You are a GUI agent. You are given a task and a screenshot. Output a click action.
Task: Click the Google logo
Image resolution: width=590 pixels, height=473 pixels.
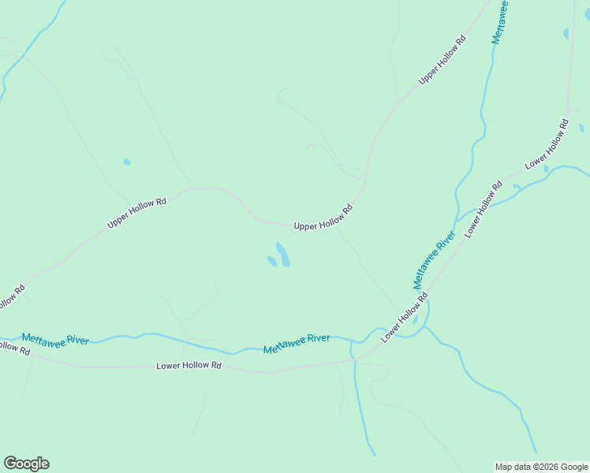click(27, 464)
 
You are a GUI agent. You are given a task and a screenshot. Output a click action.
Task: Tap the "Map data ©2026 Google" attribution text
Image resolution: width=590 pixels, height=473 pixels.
click(541, 467)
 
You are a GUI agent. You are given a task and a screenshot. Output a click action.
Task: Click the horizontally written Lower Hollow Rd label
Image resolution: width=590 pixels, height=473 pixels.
click(189, 366)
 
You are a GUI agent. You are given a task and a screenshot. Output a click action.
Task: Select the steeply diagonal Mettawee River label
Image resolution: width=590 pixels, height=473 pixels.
click(434, 259)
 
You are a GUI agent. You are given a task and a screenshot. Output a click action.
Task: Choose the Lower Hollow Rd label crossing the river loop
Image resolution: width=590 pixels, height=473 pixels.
click(404, 318)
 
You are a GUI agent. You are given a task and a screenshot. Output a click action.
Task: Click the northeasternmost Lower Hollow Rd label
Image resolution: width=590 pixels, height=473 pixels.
click(547, 143)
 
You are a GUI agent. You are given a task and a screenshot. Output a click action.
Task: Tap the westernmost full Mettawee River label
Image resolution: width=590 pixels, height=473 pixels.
click(55, 339)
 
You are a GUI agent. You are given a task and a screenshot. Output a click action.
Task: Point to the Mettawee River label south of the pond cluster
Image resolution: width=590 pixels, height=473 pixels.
click(297, 344)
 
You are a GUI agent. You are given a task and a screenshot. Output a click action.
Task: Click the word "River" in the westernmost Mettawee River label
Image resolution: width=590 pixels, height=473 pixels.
click(77, 341)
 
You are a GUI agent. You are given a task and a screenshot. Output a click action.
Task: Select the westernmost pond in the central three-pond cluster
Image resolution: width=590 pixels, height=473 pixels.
click(271, 261)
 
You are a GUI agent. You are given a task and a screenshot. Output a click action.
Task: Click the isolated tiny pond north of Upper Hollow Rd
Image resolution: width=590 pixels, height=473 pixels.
click(127, 162)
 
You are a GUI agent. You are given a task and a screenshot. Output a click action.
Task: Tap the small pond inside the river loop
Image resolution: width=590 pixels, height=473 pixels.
click(415, 320)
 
